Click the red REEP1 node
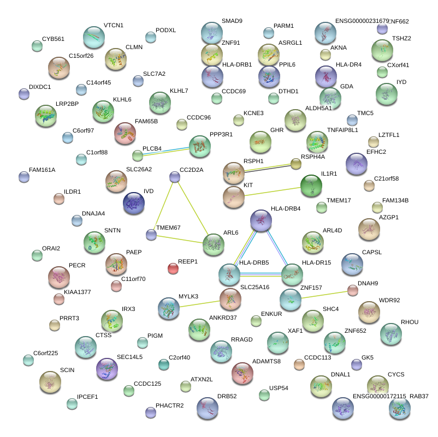pyautogui.click(x=173, y=268)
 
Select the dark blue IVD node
pyautogui.click(x=134, y=203)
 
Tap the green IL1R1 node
pyautogui.click(x=311, y=186)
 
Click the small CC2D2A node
pyautogui.click(x=175, y=177)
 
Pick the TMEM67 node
pyautogui.click(x=151, y=235)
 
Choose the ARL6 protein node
pyautogui.click(x=213, y=245)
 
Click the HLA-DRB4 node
pyautogui.click(x=261, y=220)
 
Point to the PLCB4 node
pyautogui.click(x=138, y=155)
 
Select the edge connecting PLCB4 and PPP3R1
pyautogui.click(x=167, y=150)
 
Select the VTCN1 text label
pyautogui.click(x=114, y=26)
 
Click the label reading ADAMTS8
pyautogui.click(x=267, y=361)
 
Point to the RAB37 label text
pyautogui.click(x=419, y=396)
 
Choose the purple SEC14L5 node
pyautogui.click(x=106, y=369)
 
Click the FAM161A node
pyautogui.click(x=24, y=177)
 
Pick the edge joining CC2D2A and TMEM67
pyautogui.click(x=163, y=206)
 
